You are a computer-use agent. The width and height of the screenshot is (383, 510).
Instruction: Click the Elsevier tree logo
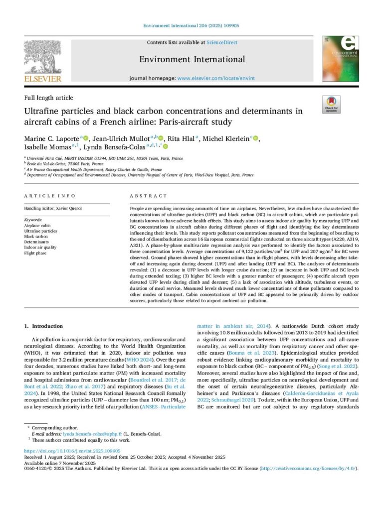[43, 57]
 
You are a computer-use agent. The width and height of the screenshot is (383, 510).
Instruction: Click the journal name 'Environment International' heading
[192, 59]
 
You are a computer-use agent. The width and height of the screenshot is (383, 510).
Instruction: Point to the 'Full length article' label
[48, 98]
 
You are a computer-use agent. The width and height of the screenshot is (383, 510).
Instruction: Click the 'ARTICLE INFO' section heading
[50, 196]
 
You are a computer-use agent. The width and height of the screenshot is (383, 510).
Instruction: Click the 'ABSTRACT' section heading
[149, 196]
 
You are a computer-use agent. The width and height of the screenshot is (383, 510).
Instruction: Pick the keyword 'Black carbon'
[36, 237]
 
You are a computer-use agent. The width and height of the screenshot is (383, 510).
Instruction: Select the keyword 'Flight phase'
[35, 253]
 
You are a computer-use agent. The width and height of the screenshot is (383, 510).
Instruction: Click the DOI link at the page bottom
[74, 451]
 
